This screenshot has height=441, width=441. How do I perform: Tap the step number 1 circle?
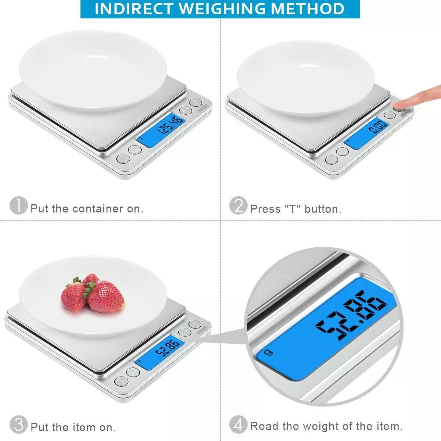point(18,206)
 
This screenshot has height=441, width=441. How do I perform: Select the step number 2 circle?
point(239,206)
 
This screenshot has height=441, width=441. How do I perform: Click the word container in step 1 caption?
point(98,209)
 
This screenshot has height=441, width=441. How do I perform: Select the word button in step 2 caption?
point(323,209)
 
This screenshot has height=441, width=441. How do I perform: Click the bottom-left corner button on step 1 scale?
point(123,158)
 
